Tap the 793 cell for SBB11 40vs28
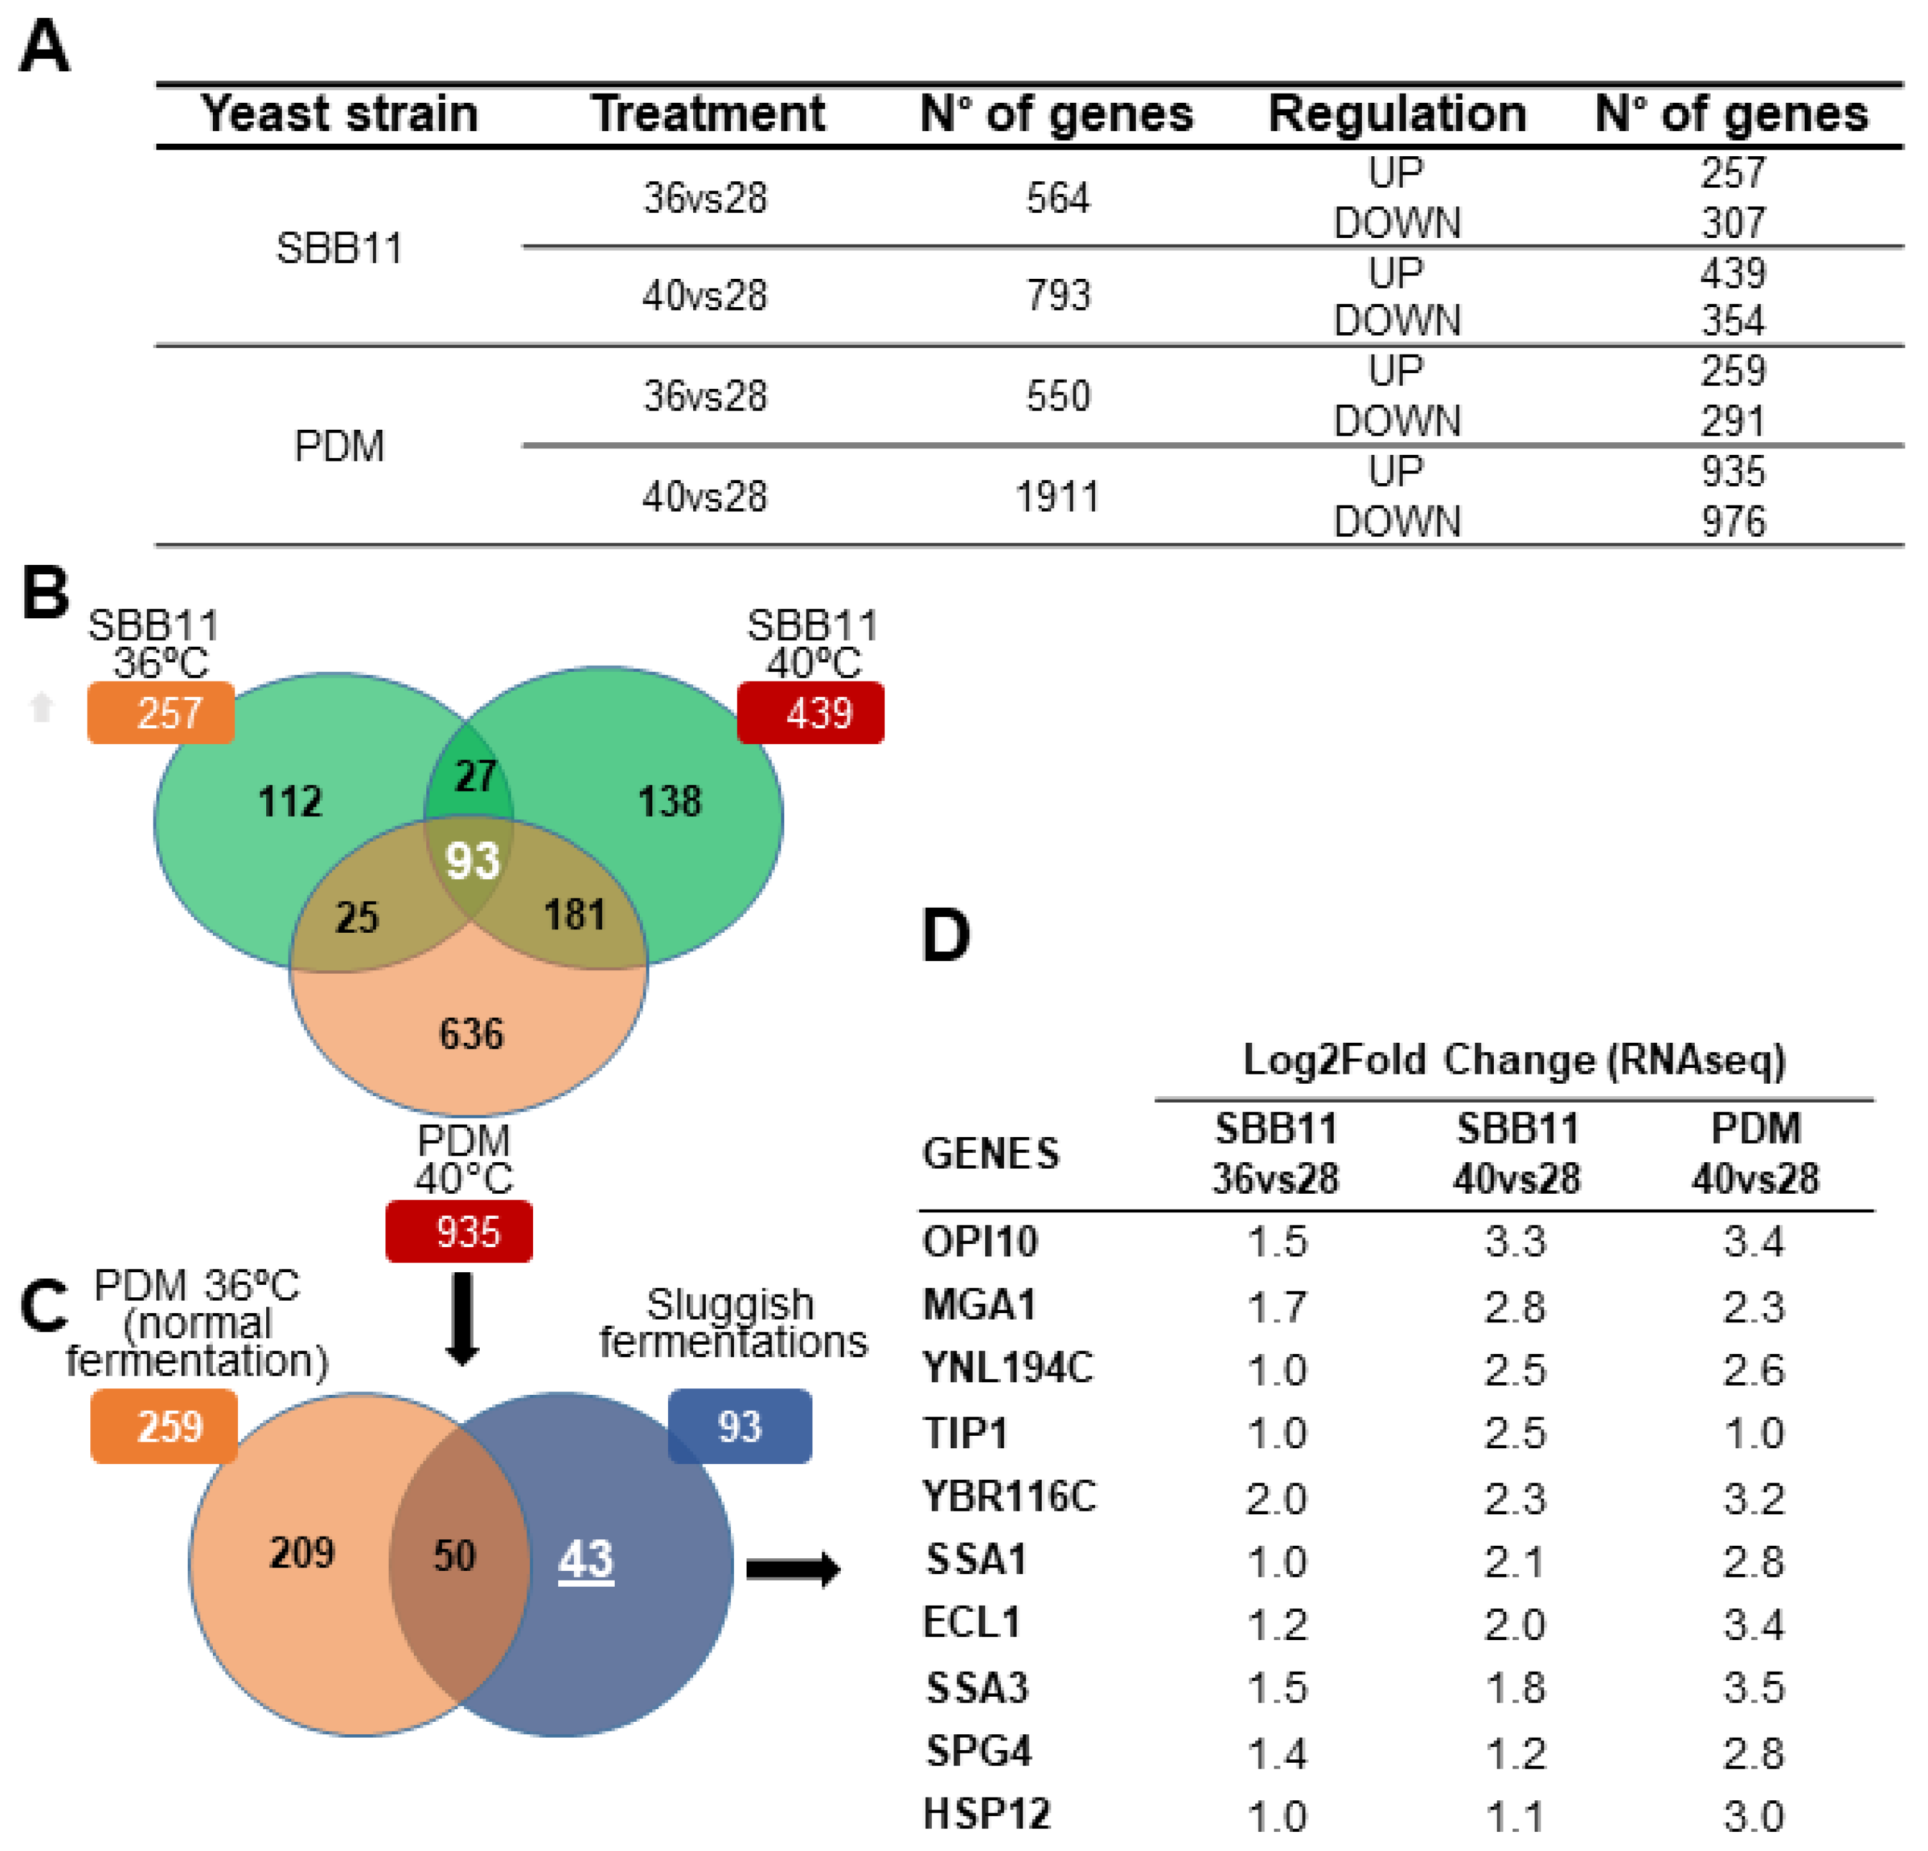click(x=1058, y=295)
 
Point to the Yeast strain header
click(x=339, y=114)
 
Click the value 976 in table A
click(x=1733, y=521)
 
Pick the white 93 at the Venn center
click(x=473, y=861)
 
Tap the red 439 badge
click(x=810, y=713)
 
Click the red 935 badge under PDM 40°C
click(x=459, y=1232)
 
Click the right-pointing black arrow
click(x=793, y=1569)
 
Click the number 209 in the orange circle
click(x=302, y=1554)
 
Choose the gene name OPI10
click(x=980, y=1242)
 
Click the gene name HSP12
click(x=986, y=1813)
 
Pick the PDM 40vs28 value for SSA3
click(x=1753, y=1688)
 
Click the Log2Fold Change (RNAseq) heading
click(x=1514, y=1061)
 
